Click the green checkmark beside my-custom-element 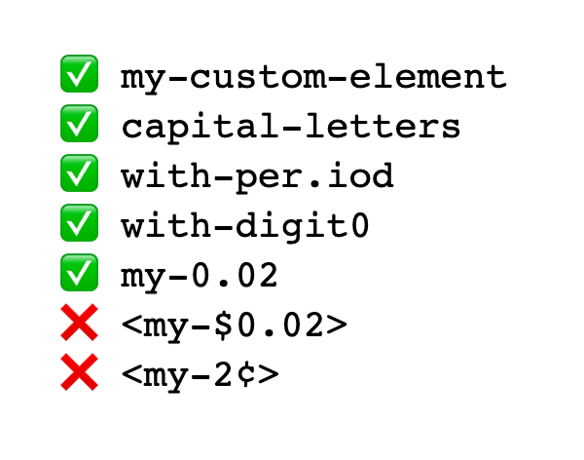80,73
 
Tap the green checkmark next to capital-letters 80,124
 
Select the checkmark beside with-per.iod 80,173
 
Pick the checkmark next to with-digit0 80,223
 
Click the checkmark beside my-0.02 80,272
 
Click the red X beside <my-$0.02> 80,323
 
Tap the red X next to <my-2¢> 80,372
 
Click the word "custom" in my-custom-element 258,77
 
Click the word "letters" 383,127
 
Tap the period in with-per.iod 314,184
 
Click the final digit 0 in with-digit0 360,225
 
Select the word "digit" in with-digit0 292,226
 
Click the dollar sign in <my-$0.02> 223,325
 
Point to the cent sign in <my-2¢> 246,374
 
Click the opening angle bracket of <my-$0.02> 131,325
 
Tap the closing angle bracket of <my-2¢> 269,374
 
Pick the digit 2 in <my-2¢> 223,374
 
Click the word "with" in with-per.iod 165,176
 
